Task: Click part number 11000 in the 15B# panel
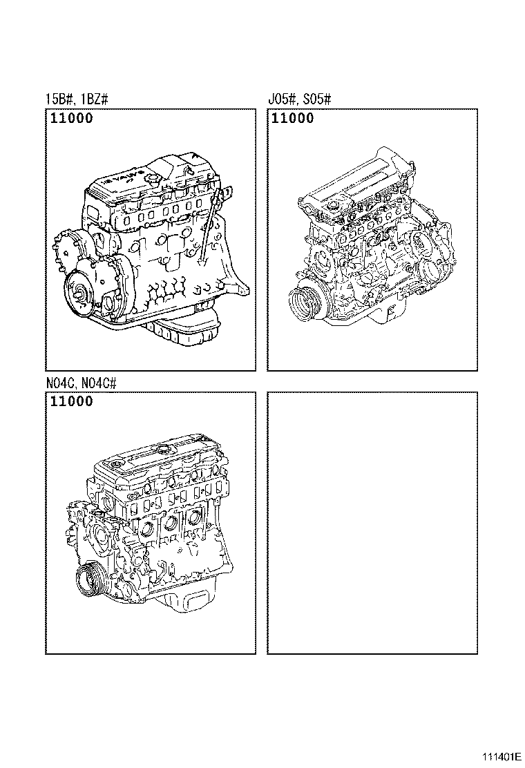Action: point(71,118)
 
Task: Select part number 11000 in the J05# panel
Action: point(293,118)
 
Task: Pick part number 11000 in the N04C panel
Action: point(71,401)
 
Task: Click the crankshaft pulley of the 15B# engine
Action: point(77,295)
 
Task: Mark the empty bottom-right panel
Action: point(372,523)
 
